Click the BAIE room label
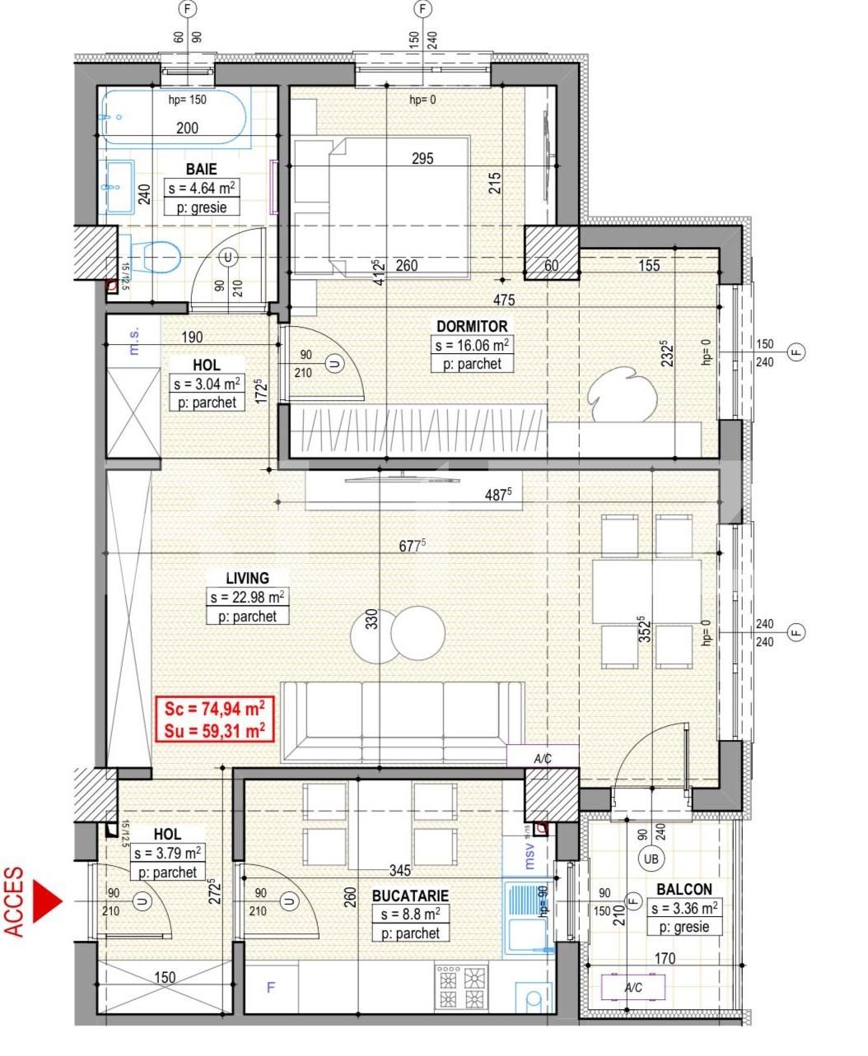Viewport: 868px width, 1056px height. [201, 169]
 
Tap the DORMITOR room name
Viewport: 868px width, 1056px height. [472, 326]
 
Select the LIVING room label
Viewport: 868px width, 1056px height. [247, 578]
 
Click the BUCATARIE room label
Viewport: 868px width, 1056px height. [409, 896]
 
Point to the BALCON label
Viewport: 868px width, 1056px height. [684, 889]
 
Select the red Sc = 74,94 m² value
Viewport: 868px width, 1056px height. [214, 709]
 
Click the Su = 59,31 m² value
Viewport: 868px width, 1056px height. [214, 729]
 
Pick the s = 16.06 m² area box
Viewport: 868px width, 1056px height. [472, 346]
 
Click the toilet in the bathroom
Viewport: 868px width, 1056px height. [156, 256]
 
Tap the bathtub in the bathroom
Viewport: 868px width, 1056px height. [174, 118]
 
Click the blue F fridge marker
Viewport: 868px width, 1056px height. [271, 988]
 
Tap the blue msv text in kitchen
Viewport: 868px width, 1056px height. [530, 857]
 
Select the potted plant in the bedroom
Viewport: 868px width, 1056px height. [622, 393]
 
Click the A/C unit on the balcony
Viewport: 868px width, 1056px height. [632, 988]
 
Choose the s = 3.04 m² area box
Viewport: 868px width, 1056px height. [206, 384]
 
